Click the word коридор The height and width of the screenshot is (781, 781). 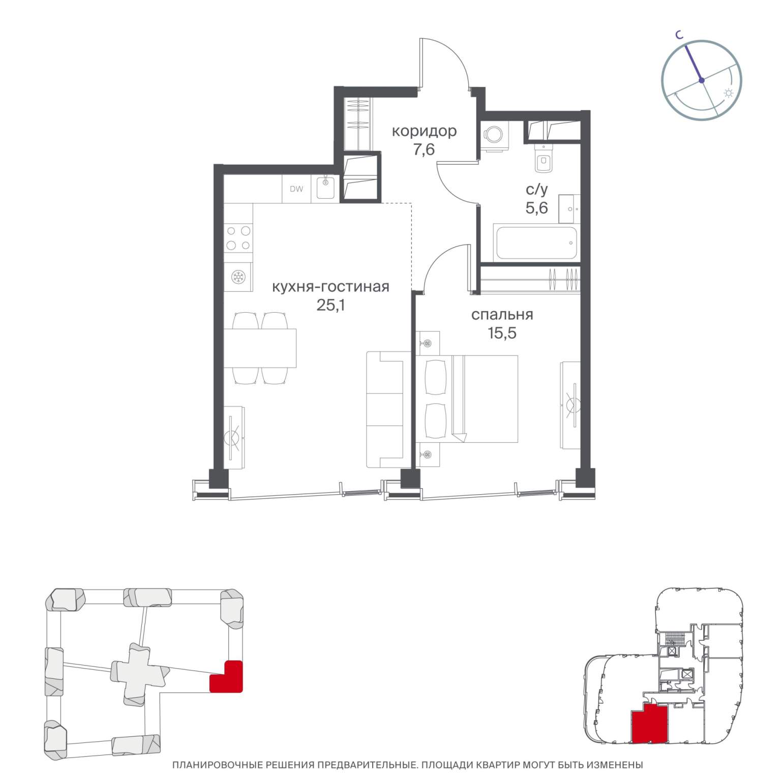point(424,131)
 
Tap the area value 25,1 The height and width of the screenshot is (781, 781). point(331,305)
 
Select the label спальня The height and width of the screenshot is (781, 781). point(502,315)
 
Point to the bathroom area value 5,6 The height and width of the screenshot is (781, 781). point(536,207)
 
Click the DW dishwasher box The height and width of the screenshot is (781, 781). point(296,189)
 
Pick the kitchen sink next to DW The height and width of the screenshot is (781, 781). point(325,188)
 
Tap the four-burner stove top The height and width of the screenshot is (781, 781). point(238,237)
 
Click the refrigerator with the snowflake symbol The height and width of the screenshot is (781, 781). point(238,277)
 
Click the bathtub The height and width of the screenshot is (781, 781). point(536,243)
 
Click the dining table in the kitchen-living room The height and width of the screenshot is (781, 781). point(260,348)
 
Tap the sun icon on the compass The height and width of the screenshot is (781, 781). point(729,93)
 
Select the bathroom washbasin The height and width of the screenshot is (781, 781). point(569,209)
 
